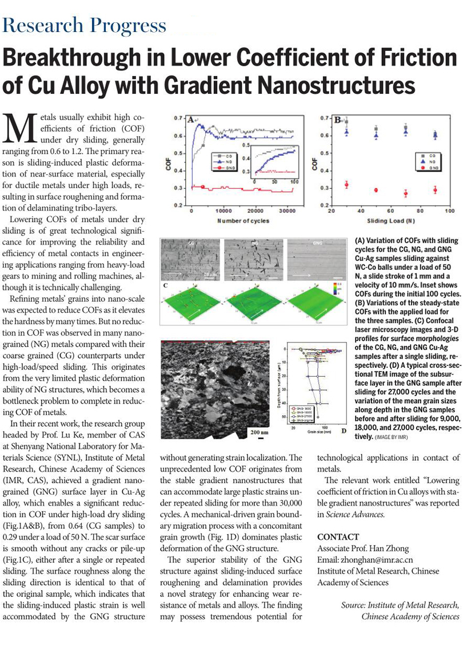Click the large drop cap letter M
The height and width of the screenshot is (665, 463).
[x=21, y=128]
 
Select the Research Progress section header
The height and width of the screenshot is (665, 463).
[x=85, y=26]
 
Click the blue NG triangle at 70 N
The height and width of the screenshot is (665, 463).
[x=405, y=131]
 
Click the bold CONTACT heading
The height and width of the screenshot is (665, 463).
[x=338, y=537]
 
